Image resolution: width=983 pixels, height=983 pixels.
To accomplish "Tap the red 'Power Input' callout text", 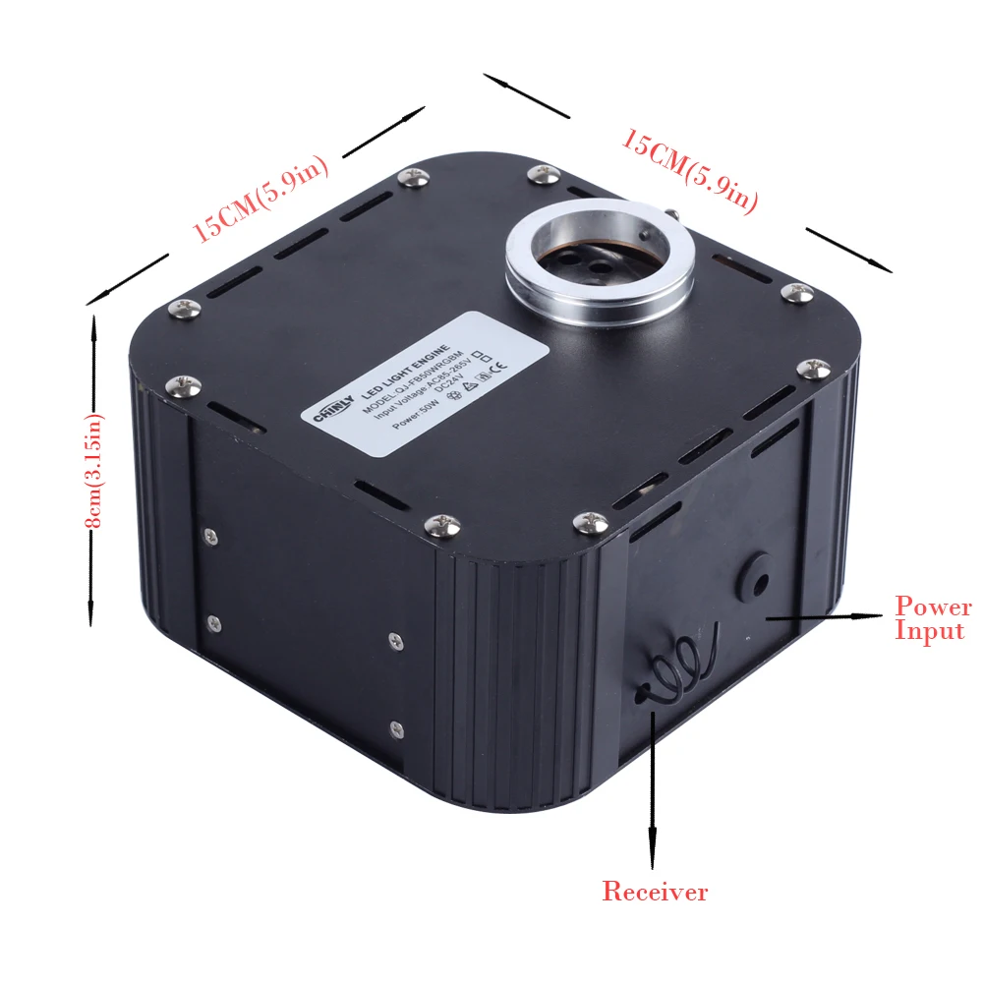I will click(x=932, y=618).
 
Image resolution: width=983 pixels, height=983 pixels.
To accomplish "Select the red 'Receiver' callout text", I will click(x=655, y=893).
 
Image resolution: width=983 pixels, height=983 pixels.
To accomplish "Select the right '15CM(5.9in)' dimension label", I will click(x=690, y=171).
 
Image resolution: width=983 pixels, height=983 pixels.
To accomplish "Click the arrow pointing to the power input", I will click(x=826, y=617).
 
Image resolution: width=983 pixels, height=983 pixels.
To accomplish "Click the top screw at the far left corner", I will click(x=182, y=308).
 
